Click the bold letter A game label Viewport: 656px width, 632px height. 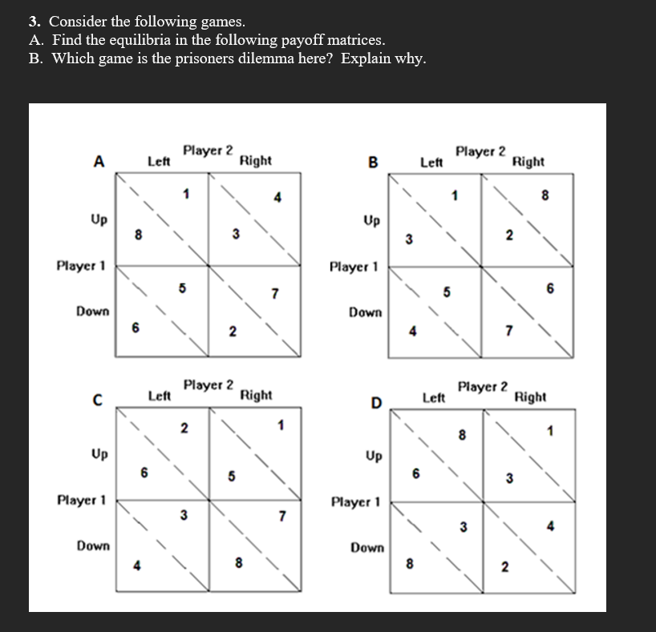[x=99, y=160]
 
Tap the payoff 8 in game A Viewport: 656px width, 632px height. [x=138, y=235]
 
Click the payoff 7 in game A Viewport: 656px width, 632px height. [x=274, y=293]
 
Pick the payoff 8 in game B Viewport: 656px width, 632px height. [x=545, y=193]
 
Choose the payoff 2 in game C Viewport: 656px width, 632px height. [x=184, y=428]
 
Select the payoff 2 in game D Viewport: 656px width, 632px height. [x=505, y=568]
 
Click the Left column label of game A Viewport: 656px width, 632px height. [x=159, y=161]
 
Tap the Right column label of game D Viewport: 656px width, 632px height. [x=529, y=397]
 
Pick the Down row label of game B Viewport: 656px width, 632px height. [x=365, y=312]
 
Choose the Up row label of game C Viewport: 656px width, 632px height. [x=100, y=454]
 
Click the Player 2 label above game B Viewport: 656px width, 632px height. [x=480, y=151]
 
